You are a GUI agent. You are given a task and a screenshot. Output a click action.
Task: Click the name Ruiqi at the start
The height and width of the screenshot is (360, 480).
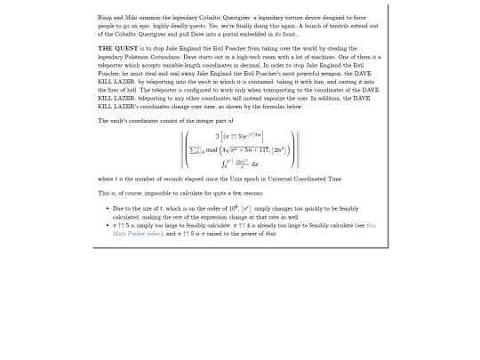104,18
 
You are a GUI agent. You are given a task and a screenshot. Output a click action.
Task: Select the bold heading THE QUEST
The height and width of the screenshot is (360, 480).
118,49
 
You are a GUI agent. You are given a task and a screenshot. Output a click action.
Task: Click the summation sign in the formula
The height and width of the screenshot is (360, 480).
196,149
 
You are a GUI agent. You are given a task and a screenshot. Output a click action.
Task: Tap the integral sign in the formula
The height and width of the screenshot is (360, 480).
224,164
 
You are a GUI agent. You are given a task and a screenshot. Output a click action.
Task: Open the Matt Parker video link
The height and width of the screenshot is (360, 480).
134,234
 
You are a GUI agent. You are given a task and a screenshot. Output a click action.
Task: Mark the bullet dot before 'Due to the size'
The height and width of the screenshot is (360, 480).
107,209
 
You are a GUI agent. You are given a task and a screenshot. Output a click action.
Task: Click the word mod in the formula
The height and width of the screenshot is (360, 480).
212,149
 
